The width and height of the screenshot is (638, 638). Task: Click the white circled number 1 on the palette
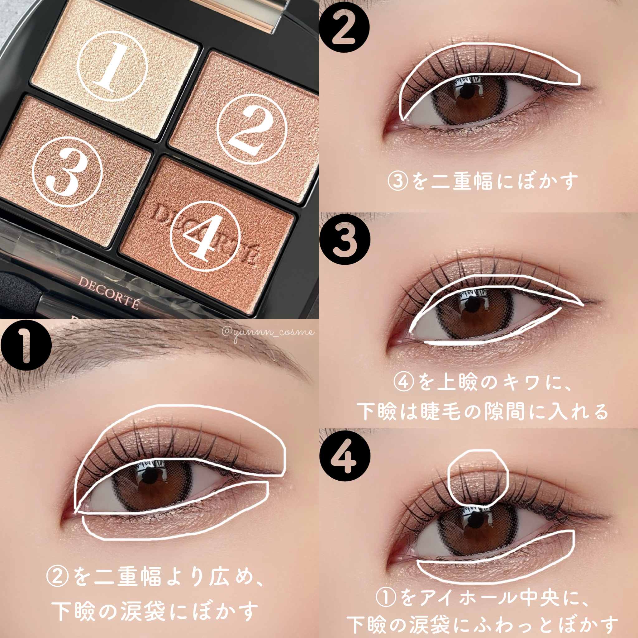click(112, 66)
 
